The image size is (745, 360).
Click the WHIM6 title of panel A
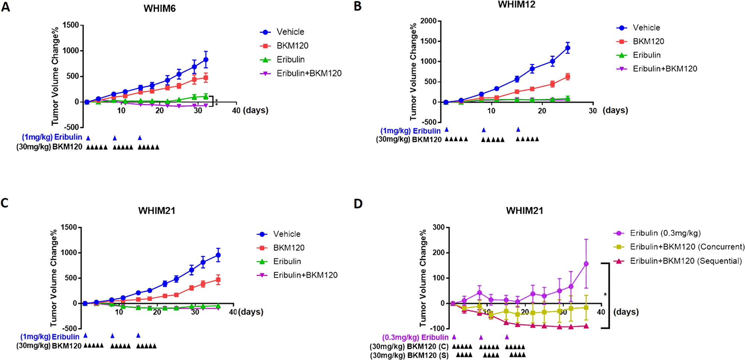point(159,9)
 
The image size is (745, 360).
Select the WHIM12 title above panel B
point(516,4)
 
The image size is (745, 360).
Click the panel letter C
point(5,203)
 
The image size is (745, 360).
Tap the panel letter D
point(358,204)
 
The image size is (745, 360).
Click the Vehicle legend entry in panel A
point(290,32)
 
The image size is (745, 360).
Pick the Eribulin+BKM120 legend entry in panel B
point(665,69)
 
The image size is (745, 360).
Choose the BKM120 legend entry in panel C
point(289,248)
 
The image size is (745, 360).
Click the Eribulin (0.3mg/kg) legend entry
point(665,233)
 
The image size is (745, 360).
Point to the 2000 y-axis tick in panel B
point(428,21)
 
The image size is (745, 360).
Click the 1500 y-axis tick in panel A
point(71,25)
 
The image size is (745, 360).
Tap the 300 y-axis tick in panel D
point(438,227)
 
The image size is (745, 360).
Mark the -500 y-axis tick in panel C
point(69,329)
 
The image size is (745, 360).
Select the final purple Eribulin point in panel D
point(586,264)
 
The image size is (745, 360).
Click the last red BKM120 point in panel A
point(205,78)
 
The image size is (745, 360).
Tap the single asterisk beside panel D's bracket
point(605,295)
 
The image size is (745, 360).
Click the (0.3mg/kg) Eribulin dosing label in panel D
point(415,337)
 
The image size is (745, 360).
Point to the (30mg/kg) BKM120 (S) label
point(409,356)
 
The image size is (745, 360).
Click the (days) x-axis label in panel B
point(615,110)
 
